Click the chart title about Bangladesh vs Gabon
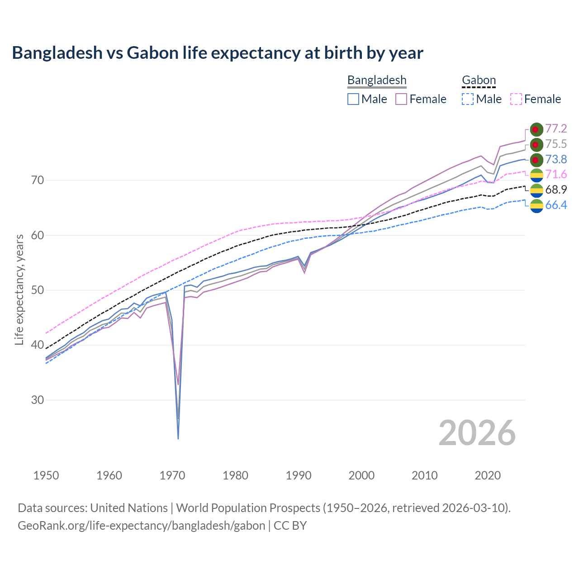(218, 53)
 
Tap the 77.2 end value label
(556, 129)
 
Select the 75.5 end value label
(556, 144)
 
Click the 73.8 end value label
(556, 160)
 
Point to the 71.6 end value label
(556, 175)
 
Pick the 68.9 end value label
(556, 190)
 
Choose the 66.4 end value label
(556, 205)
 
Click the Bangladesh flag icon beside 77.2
(536, 129)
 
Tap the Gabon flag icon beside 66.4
(536, 206)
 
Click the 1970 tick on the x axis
(172, 475)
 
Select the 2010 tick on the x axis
(425, 475)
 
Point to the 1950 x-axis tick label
(47, 475)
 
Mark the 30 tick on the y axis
(38, 400)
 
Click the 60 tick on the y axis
(38, 236)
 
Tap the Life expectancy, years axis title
(19, 289)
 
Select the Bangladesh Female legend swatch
(401, 99)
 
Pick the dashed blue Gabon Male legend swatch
(468, 99)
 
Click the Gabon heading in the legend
(479, 81)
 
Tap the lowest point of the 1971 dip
(178, 438)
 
